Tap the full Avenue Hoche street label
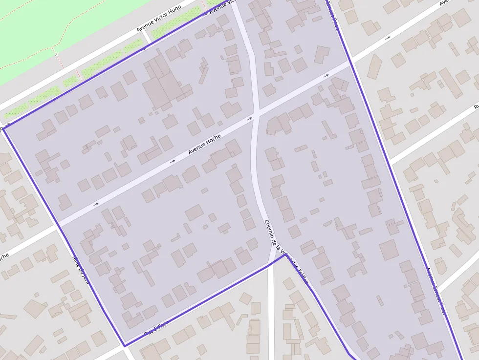coord(205,145)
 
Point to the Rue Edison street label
coord(157,328)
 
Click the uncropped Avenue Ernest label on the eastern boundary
coord(436,291)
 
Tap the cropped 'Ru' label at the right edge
coord(476,106)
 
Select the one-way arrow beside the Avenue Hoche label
coord(173,161)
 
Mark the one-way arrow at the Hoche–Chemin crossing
coord(250,118)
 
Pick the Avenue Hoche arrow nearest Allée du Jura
coord(96,204)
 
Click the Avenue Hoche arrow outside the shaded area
coord(388,38)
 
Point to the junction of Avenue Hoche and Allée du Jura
coord(57,224)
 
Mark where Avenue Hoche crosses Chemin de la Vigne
coord(256,116)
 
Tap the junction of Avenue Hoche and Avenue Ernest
coord(350,63)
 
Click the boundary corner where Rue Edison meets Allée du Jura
coord(124,345)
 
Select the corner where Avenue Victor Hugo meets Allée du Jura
coord(5,128)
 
